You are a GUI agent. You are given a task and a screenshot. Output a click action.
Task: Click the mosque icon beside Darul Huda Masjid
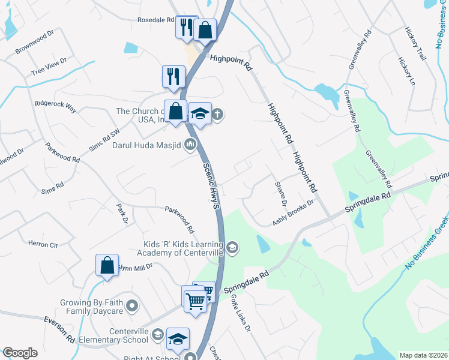[191, 144]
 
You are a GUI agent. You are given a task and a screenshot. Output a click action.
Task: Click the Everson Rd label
[59, 329]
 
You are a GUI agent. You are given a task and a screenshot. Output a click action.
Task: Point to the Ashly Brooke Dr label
[293, 213]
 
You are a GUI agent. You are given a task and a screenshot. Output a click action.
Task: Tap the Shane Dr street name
[280, 193]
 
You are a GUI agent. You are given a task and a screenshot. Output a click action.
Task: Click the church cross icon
[218, 115]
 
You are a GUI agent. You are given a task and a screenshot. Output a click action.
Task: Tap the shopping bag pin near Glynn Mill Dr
[106, 265]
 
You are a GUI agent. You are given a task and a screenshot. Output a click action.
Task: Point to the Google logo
[20, 353]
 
